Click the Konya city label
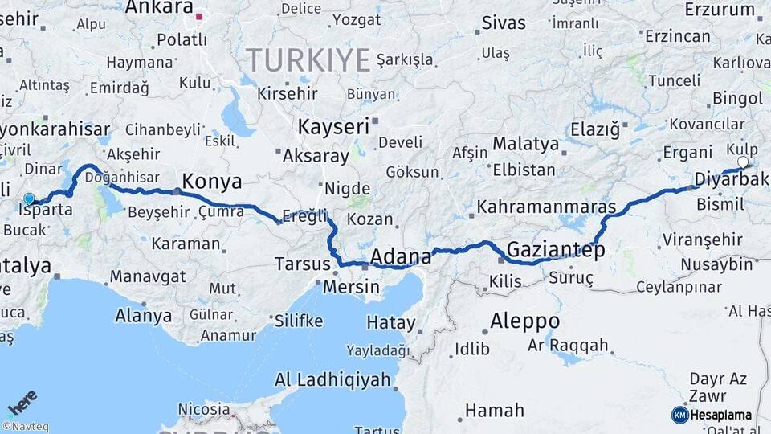212,182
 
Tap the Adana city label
401,257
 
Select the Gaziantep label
555,251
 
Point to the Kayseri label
333,127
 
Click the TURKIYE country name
308,60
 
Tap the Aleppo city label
525,321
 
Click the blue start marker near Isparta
29,199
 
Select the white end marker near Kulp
743,162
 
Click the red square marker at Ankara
199,14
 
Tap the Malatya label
525,144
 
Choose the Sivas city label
504,22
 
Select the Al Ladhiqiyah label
332,379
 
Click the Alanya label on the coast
144,315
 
